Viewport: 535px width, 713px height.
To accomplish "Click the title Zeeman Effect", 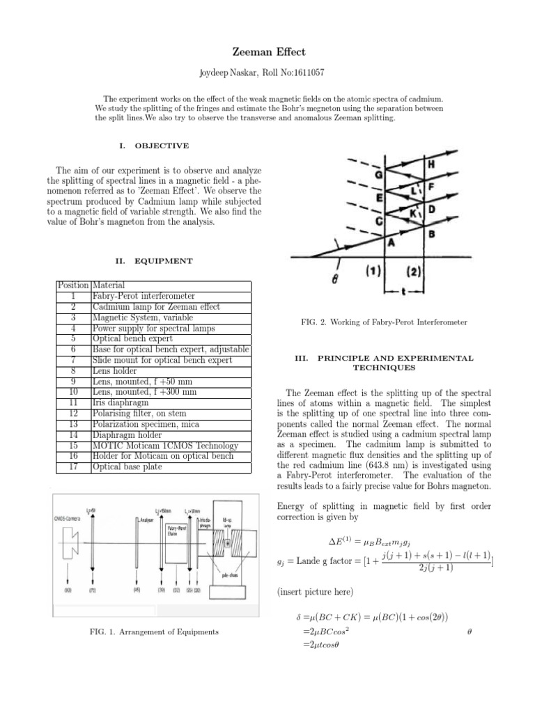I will [267, 52].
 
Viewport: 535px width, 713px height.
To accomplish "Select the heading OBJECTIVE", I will [162, 146].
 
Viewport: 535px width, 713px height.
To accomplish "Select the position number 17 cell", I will [73, 467].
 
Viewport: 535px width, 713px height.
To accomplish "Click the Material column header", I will [110, 285].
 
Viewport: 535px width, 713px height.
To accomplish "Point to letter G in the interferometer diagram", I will [379, 175].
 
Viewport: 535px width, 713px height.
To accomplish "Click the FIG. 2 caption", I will [383, 322].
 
